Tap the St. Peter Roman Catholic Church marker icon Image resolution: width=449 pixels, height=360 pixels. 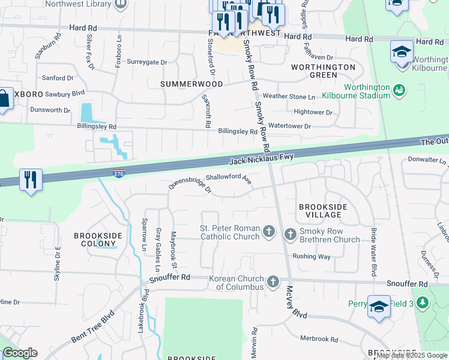click(x=270, y=231)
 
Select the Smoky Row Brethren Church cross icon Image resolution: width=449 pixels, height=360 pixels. click(x=290, y=233)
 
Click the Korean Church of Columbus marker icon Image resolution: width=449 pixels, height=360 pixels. click(x=273, y=281)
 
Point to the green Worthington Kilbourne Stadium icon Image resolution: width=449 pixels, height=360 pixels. click(x=399, y=91)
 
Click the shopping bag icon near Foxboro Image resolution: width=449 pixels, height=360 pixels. click(x=4, y=99)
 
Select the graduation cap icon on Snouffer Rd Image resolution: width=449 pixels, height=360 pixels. click(x=379, y=307)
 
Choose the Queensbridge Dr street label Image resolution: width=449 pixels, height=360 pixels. click(x=190, y=186)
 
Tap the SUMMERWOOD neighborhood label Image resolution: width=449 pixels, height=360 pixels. click(x=191, y=84)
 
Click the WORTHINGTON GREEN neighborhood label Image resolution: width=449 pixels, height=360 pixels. click(x=323, y=71)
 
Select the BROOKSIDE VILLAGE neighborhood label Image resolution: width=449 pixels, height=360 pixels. click(x=323, y=211)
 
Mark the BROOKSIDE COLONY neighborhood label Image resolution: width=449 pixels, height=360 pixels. click(x=95, y=240)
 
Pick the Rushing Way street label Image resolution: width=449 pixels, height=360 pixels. click(x=312, y=256)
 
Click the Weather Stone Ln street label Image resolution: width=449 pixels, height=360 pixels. click(x=289, y=97)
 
